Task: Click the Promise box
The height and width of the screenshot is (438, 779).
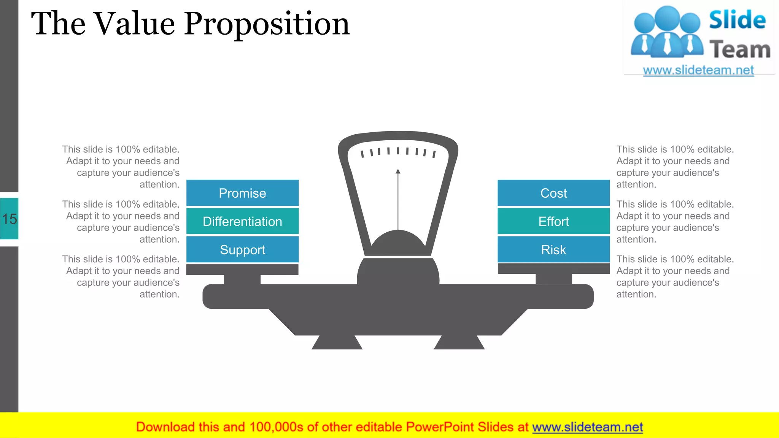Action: click(x=242, y=193)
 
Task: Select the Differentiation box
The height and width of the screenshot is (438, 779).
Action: click(x=242, y=221)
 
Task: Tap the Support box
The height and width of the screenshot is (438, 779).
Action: click(x=242, y=250)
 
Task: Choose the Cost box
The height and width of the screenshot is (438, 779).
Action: click(x=553, y=193)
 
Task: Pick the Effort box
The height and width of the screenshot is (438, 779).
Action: click(x=553, y=221)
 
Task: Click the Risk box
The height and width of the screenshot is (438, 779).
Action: click(x=553, y=250)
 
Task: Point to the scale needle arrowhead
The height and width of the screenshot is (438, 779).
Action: click(x=398, y=171)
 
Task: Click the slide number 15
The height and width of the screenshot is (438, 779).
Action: click(x=9, y=219)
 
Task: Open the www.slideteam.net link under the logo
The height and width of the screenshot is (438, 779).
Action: click(x=698, y=70)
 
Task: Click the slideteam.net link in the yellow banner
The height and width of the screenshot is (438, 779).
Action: click(x=587, y=427)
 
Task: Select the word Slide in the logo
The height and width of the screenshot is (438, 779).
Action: click(x=737, y=20)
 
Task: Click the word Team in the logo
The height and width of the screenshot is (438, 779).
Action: click(x=740, y=50)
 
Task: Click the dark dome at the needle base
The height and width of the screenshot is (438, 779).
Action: click(x=398, y=243)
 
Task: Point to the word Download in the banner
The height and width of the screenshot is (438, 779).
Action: click(x=165, y=427)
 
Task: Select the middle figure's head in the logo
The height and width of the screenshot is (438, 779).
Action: click(x=668, y=17)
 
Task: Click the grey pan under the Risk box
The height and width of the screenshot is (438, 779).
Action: click(x=553, y=269)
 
